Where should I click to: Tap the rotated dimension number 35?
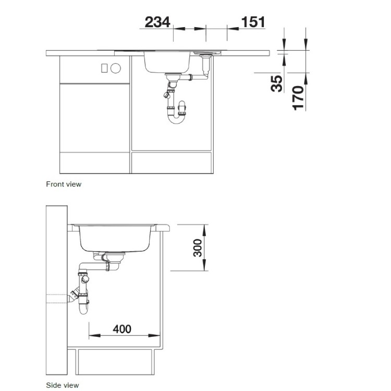277,83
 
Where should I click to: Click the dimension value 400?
122,329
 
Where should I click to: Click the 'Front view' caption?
64,184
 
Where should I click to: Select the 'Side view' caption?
62,385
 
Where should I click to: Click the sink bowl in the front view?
167,64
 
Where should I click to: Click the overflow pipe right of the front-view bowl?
204,65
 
